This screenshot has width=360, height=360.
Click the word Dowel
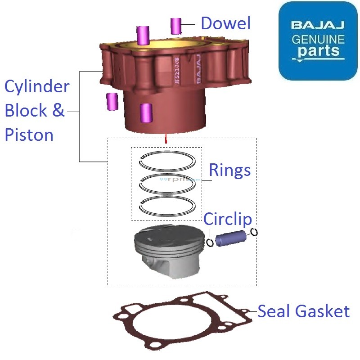coord(225,23)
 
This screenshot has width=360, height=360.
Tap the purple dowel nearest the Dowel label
coord(175,26)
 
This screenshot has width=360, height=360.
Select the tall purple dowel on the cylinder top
coord(144,35)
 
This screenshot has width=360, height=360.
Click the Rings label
coord(229,170)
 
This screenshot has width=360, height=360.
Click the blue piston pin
coord(230,238)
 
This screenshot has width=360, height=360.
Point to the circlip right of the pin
coord(254,232)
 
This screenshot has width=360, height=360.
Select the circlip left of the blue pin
coord(210,243)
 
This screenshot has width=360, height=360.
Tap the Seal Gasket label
coord(303,311)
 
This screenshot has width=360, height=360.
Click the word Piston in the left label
coord(29,135)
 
